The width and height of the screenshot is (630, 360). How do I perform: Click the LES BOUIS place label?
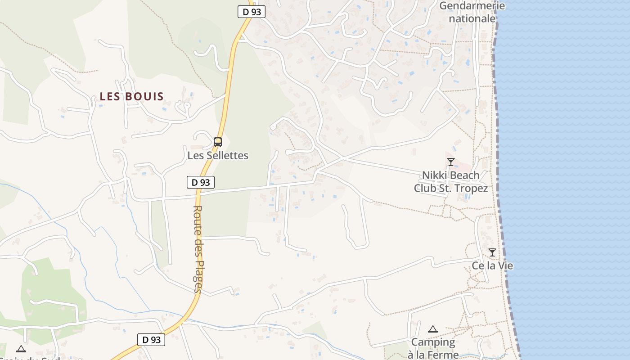point(132,96)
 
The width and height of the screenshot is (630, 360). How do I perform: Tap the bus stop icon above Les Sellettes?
point(218,142)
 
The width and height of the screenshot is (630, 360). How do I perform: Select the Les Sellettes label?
point(218,156)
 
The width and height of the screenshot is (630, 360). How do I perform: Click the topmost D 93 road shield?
point(251,12)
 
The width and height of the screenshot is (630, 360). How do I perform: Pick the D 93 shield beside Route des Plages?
point(201,182)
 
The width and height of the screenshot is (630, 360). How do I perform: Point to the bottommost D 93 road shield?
point(151,340)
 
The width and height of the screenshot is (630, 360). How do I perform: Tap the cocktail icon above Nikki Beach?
point(450,162)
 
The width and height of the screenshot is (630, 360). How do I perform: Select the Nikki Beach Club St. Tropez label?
point(451,182)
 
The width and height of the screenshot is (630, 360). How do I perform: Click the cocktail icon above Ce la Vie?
point(492,252)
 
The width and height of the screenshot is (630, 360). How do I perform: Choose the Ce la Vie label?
point(492,265)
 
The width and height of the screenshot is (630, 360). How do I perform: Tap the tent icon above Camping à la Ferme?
point(433,329)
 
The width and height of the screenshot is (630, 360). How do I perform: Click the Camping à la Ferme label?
point(433,348)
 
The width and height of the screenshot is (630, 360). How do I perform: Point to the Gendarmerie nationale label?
point(472,12)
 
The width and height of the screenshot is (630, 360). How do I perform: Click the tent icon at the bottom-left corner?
point(21,349)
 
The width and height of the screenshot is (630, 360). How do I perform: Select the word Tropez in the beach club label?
point(470,188)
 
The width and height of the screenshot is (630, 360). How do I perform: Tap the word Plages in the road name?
point(198,276)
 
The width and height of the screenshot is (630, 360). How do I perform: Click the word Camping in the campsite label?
point(433,342)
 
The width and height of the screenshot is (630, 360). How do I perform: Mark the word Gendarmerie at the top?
point(472,6)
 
